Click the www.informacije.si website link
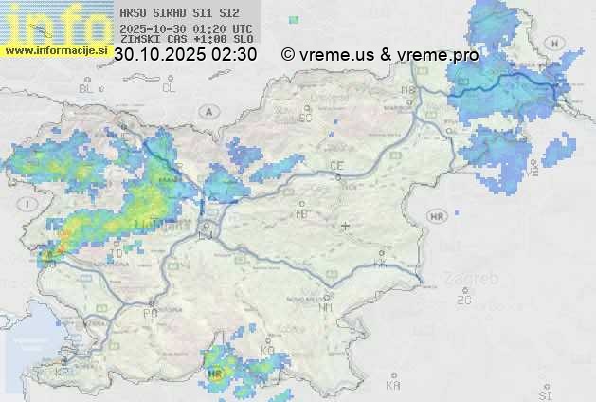[54, 50]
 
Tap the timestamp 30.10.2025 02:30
[185, 55]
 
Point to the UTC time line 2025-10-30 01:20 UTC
[186, 28]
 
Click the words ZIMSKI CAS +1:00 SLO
[186, 39]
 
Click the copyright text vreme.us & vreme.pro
[381, 55]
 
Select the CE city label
[336, 166]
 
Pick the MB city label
[409, 91]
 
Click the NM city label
[326, 307]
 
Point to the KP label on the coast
[62, 373]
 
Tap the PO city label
[150, 312]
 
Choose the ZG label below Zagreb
[463, 301]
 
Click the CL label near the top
[169, 88]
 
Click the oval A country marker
[207, 111]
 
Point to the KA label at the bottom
[393, 386]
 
